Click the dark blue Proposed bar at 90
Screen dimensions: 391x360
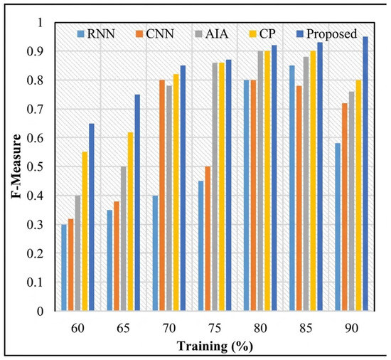365,174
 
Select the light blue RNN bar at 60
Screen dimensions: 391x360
64,268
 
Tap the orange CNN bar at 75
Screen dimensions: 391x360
208,238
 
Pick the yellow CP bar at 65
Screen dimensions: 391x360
130,221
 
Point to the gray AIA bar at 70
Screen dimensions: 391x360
169,198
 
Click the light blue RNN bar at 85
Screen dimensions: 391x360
292,188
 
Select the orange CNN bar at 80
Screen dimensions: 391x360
253,196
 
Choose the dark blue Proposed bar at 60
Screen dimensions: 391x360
92,217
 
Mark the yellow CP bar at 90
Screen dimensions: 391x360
358,196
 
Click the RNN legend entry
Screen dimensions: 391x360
96,34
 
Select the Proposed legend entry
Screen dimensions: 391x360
327,34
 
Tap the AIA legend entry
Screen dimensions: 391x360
212,34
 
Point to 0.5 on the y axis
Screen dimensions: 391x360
35,167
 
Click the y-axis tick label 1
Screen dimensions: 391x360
40,23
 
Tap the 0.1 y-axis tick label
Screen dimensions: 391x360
35,282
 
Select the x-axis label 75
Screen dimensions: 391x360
215,328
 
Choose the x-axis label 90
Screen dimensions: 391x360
352,328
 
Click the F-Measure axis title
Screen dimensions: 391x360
16,166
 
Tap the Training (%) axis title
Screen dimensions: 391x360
215,346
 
